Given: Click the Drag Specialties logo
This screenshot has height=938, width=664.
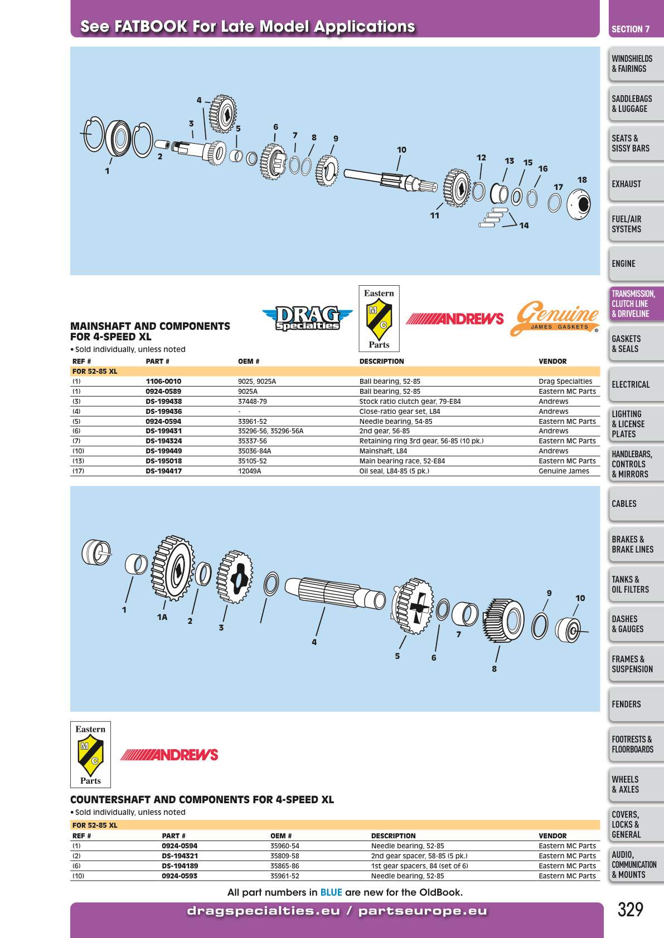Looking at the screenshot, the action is click(307, 318).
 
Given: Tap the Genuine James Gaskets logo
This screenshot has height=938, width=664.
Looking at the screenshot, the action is click(555, 318).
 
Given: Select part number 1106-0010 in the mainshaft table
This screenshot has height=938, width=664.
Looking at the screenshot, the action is click(163, 381).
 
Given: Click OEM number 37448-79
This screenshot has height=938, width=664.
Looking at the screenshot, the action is click(253, 401).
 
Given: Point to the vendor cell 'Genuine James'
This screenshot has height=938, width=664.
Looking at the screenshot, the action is click(564, 471).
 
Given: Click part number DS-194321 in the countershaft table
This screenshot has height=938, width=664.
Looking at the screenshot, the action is click(180, 856).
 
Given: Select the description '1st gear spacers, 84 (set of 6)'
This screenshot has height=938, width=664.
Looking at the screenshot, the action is click(420, 866).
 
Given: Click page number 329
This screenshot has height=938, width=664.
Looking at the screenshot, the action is click(631, 910).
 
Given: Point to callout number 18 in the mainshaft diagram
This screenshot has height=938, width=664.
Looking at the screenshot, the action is click(582, 180).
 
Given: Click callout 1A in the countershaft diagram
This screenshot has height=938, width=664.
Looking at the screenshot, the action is click(162, 617).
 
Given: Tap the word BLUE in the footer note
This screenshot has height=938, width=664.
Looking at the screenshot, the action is click(331, 892).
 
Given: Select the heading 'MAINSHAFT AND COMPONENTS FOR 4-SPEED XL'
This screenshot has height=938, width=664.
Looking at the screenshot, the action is click(150, 331).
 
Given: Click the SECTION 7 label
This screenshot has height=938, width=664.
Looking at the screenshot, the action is click(631, 30).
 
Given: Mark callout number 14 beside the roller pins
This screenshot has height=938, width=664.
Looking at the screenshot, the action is click(524, 226).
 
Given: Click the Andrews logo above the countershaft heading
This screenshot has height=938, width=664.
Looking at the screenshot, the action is click(169, 755).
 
